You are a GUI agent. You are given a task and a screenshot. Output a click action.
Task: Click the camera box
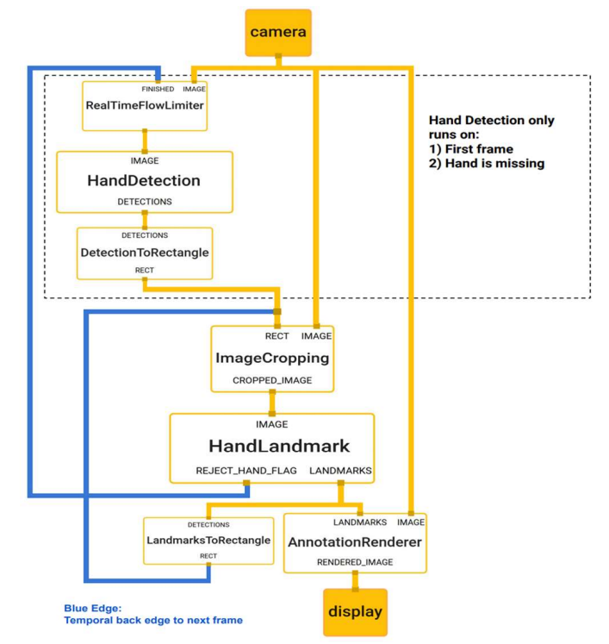tap(278, 33)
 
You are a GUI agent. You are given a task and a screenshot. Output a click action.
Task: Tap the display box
tap(356, 612)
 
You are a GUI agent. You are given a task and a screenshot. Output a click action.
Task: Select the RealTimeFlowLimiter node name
tap(145, 105)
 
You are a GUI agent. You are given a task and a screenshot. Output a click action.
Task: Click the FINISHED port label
tap(158, 89)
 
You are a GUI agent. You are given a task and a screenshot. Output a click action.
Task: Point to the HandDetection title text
tap(144, 181)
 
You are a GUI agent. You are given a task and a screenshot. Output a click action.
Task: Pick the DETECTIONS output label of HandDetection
tap(145, 202)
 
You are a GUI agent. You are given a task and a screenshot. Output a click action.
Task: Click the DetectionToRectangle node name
tap(145, 253)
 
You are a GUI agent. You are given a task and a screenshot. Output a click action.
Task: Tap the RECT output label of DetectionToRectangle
tap(145, 270)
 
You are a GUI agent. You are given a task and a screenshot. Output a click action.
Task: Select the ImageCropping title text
tap(272, 358)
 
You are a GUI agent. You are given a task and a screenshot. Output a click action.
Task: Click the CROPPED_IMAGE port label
tap(272, 380)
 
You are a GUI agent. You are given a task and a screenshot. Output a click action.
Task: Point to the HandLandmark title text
tap(279, 446)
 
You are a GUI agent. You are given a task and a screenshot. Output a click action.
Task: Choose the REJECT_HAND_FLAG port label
tap(246, 471)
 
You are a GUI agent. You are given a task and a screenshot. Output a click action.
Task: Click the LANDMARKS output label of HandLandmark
tap(340, 471)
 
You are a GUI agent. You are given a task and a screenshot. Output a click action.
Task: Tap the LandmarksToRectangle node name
tap(208, 540)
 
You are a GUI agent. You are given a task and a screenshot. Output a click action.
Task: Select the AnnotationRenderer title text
tap(355, 542)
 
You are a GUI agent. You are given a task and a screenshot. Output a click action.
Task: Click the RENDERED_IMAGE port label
tap(355, 562)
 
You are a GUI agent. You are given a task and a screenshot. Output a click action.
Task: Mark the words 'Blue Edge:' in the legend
tap(93, 609)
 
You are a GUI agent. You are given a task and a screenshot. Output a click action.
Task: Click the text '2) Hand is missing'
tap(487, 164)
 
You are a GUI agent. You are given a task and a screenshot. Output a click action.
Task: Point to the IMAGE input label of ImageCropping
tap(316, 336)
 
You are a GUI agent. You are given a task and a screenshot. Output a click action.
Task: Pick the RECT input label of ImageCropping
tap(277, 336)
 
